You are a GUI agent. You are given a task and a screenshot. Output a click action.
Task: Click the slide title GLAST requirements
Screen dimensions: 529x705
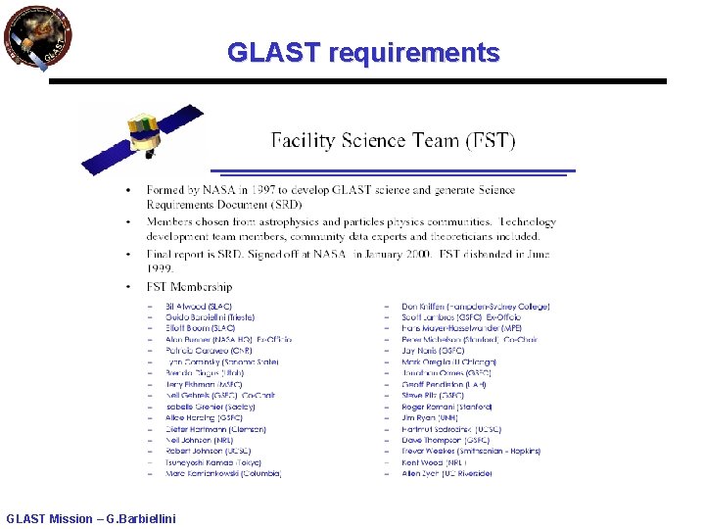[363, 52]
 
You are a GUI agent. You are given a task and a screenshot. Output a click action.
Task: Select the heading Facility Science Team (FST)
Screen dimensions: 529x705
[392, 140]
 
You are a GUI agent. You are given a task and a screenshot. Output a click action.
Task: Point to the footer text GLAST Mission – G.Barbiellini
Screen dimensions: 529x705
[91, 518]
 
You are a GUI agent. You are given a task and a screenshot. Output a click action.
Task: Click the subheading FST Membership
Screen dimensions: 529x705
[189, 287]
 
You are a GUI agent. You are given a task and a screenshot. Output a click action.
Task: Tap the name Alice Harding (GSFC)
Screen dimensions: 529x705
[204, 417]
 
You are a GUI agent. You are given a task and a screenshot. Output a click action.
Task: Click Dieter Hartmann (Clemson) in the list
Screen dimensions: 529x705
[215, 429]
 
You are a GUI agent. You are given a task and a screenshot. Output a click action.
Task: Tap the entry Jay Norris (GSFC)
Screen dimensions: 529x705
[433, 351]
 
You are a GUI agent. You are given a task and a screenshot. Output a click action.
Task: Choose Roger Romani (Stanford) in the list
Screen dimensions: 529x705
[446, 407]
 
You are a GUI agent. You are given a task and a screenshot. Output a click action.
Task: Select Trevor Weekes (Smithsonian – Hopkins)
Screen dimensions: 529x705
[471, 452]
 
